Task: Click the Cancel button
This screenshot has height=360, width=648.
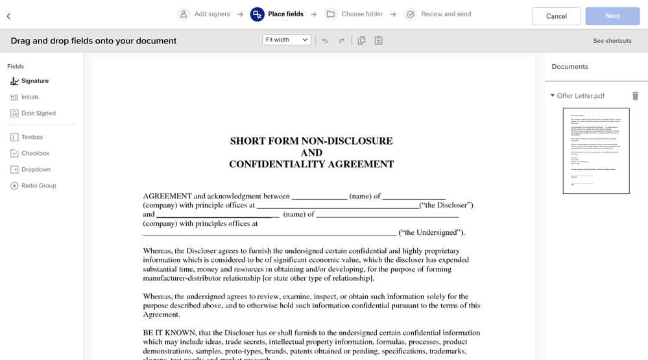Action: tap(556, 16)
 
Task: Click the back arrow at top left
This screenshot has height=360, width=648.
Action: tap(8, 16)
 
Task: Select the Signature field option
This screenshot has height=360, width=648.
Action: tap(34, 81)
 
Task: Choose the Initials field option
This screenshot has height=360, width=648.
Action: tap(30, 97)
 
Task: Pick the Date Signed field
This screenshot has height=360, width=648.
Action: tap(38, 114)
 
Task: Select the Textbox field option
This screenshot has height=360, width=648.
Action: tap(32, 138)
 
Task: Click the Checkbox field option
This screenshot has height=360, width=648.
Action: tap(35, 154)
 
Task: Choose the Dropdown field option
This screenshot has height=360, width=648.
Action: tap(36, 170)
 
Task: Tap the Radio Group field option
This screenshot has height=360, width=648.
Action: tap(38, 186)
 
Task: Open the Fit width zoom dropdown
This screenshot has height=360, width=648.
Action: tap(287, 40)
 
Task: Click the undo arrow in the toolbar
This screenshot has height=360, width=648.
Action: tap(324, 41)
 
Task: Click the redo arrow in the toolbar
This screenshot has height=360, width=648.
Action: tap(342, 41)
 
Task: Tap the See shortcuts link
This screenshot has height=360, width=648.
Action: tap(612, 41)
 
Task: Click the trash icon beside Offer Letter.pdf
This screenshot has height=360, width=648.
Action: tap(635, 96)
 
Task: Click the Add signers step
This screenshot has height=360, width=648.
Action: tap(204, 14)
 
